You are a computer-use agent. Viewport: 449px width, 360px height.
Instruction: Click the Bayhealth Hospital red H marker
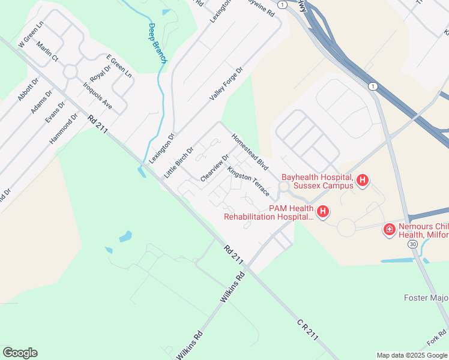coord(362,179)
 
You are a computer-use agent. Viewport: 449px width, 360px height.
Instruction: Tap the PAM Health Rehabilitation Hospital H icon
coord(323,211)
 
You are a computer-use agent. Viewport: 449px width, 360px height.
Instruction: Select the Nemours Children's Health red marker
coord(390,229)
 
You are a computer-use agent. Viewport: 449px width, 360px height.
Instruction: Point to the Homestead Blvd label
coord(249,151)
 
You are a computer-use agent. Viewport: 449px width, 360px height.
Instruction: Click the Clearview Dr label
coord(215,169)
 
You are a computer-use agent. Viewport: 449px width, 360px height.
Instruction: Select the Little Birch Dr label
coord(179,163)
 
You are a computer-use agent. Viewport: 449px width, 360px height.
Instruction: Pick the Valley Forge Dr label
coord(226,84)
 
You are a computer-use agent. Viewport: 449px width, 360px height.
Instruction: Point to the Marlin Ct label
coord(46,52)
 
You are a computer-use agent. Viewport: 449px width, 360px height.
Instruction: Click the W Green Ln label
coord(32,37)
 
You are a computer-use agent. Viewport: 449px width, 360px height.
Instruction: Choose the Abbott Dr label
coord(28,89)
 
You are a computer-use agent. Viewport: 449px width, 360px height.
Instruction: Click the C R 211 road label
coord(307,331)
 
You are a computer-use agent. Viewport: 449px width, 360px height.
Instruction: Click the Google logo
coord(20,353)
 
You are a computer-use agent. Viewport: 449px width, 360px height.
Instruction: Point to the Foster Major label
coord(426,298)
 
